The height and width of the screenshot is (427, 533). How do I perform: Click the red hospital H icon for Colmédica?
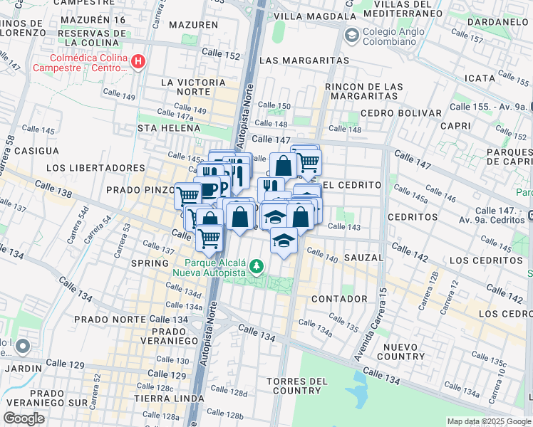(x=138, y=62)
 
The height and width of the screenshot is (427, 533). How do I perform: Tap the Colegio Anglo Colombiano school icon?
(x=351, y=35)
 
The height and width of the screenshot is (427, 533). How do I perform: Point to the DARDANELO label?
(x=497, y=22)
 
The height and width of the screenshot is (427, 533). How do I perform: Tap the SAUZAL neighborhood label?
(x=363, y=257)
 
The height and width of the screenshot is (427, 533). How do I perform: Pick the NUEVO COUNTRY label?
(x=404, y=351)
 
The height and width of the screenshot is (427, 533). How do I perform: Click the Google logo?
(x=25, y=418)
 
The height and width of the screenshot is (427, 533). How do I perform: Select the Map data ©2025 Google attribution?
(x=488, y=421)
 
